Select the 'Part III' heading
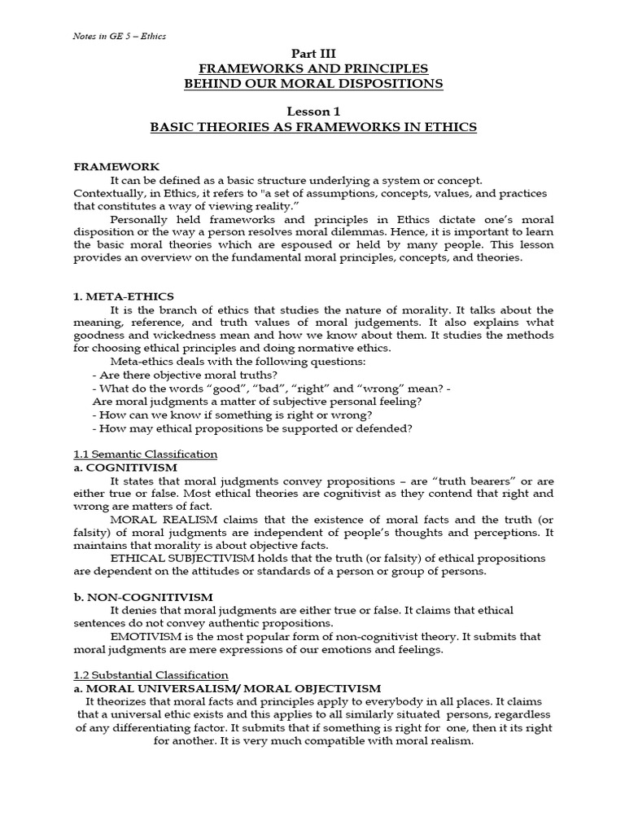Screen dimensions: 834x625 313,54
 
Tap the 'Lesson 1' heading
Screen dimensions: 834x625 313,112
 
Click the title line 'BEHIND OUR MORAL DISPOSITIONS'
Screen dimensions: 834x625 313,83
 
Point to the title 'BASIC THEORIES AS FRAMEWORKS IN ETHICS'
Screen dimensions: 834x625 313,127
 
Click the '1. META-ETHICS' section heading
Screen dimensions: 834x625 124,296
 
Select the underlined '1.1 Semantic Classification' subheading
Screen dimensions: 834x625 146,454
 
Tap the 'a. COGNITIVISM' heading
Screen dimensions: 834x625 125,467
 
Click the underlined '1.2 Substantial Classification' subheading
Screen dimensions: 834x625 151,675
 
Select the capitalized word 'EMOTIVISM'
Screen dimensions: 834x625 139,636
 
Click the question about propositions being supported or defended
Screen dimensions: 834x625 253,428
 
